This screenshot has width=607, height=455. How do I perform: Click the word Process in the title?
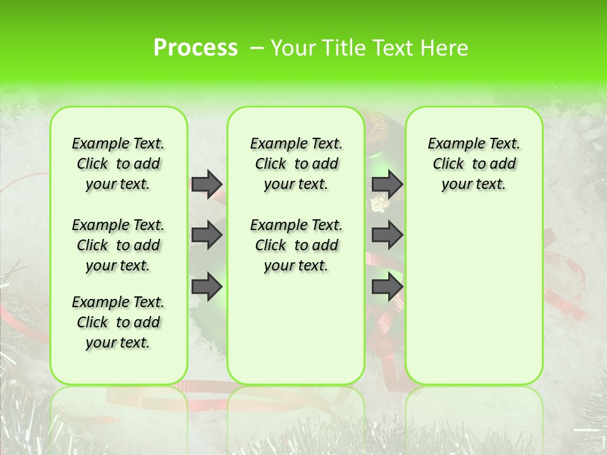coord(195,47)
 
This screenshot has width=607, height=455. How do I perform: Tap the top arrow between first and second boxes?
coord(206,184)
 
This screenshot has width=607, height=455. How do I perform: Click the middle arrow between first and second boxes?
coord(206,236)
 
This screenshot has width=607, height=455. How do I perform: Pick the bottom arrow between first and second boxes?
coord(206,287)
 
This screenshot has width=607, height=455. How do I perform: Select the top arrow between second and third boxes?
coord(387,184)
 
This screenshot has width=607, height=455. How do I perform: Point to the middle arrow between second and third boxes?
coord(387,236)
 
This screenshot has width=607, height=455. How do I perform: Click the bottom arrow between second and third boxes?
coord(387,287)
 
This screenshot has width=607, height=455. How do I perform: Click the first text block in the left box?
coord(118,164)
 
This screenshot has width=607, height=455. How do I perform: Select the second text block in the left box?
coord(118,245)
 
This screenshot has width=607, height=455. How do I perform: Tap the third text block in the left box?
coord(118,322)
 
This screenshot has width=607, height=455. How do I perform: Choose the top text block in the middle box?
coord(296,164)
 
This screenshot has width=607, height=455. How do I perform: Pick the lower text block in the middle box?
coord(296,245)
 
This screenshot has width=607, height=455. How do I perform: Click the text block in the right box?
coord(474,164)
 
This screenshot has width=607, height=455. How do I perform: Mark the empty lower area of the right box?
coord(474,297)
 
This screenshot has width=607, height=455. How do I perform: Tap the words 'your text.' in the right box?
coord(474,185)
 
